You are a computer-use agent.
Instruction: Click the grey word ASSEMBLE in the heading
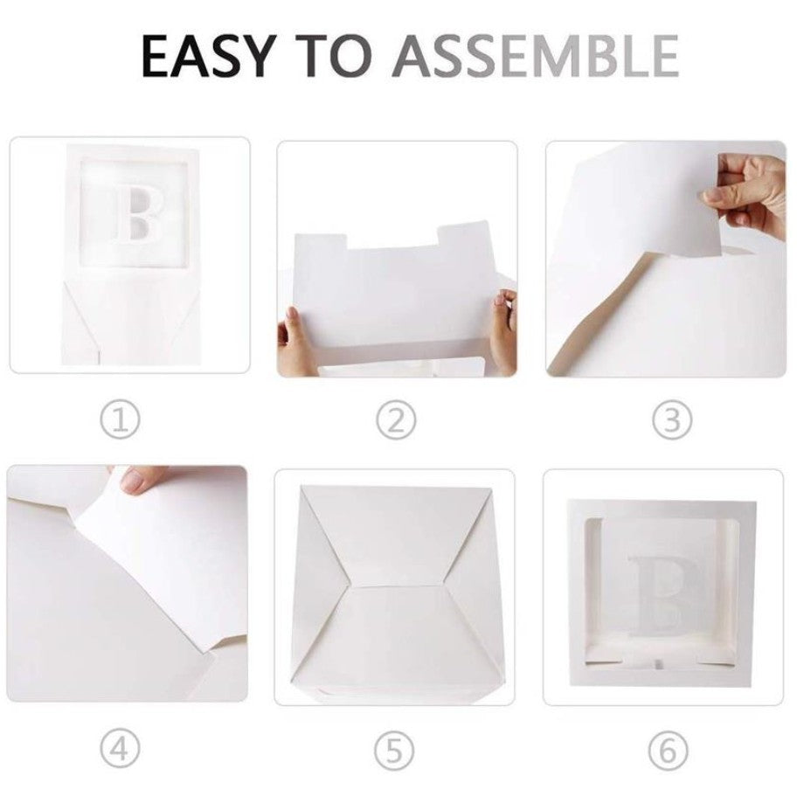point(535,57)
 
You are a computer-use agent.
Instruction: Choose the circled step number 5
point(396,750)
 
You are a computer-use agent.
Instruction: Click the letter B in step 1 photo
point(133,214)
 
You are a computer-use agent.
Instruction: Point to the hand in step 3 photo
point(752,188)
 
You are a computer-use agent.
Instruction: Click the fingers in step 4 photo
point(144,478)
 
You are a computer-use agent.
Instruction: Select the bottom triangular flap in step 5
point(395,647)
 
